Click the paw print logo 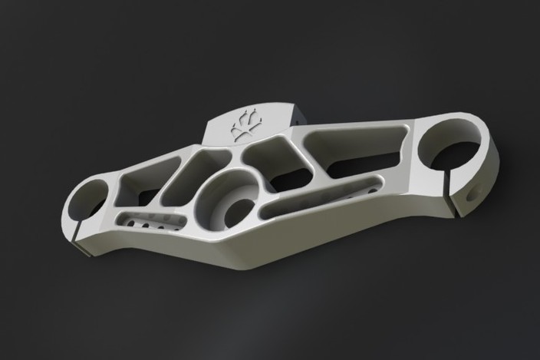pos(245,125)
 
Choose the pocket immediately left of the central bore pos(191,173)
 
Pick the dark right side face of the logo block pos(297,117)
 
